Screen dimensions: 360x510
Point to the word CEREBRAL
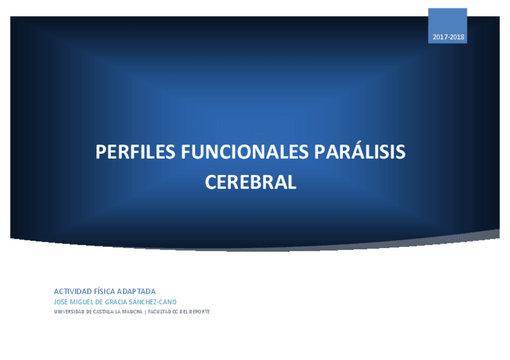pyautogui.click(x=251, y=182)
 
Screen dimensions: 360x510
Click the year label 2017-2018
pyautogui.click(x=448, y=37)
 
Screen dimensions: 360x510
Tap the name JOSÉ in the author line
pyautogui.click(x=61, y=302)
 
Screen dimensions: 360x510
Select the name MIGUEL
pyautogui.click(x=82, y=302)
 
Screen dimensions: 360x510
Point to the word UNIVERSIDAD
pyautogui.click(x=69, y=312)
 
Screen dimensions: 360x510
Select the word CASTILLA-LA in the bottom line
pyautogui.click(x=108, y=312)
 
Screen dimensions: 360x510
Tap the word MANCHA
pyautogui.click(x=133, y=312)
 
